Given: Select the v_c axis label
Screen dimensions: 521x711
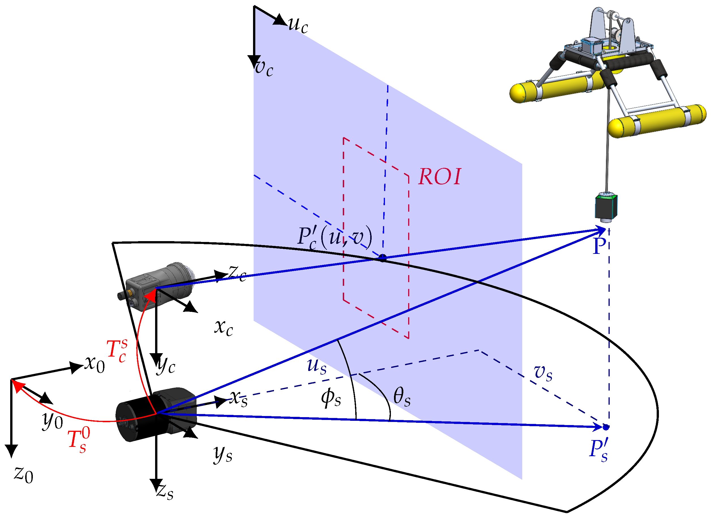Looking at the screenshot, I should (x=264, y=67).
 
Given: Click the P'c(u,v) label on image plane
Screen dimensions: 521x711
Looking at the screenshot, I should (x=334, y=238).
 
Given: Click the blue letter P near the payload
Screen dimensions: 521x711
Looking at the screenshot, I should (x=599, y=246).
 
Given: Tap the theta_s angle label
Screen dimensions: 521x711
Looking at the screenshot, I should (x=402, y=397).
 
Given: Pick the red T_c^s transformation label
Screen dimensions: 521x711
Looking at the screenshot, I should (x=117, y=351).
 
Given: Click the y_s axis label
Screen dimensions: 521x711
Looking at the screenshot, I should (x=223, y=454).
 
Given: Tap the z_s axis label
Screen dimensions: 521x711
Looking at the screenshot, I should (x=165, y=492).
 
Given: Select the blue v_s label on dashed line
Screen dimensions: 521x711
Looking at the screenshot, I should (x=543, y=373).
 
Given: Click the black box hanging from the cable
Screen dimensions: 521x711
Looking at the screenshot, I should (x=606, y=207).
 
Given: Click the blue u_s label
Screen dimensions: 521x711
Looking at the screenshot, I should (x=317, y=366).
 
